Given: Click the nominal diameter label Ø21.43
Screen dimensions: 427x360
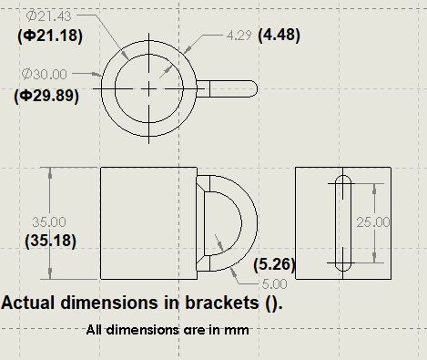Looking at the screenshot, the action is pyautogui.click(x=48, y=15).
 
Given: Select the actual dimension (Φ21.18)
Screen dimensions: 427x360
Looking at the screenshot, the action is pyautogui.click(x=50, y=36).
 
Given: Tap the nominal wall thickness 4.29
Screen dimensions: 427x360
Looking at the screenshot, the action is pyautogui.click(x=239, y=36).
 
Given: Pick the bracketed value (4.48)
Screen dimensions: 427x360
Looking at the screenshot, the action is pyautogui.click(x=279, y=35).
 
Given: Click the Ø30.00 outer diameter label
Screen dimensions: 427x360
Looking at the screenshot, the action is pyautogui.click(x=45, y=74).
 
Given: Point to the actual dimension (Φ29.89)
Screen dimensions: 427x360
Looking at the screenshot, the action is pyautogui.click(x=46, y=96).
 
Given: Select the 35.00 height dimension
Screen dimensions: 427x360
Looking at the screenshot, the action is pyautogui.click(x=49, y=222).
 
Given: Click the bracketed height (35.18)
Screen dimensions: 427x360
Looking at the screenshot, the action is pyautogui.click(x=50, y=241).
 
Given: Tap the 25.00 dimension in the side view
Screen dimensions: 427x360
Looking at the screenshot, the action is pyautogui.click(x=373, y=222).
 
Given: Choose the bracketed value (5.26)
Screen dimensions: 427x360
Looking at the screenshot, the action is pyautogui.click(x=274, y=264).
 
